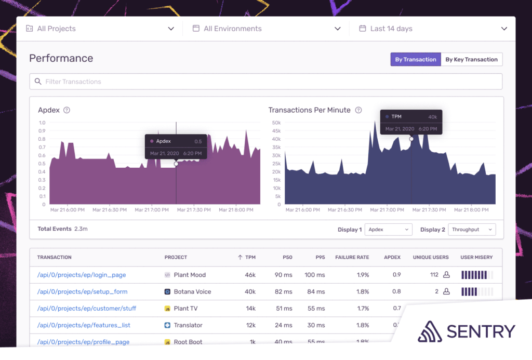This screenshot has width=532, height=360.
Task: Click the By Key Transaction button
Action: coord(471,60)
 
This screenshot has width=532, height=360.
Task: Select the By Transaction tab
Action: coord(416,60)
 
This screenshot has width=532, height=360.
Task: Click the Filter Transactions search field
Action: coord(265,82)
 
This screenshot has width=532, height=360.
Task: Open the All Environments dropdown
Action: coord(265,29)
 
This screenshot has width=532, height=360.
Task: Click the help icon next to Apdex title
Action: coord(66,110)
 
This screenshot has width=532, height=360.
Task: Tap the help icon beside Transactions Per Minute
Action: coord(358,110)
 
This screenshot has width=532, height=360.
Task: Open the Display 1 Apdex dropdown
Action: coord(388,230)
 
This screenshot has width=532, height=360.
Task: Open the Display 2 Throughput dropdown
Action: coord(471,230)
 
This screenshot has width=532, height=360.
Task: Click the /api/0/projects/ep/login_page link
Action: coord(82,275)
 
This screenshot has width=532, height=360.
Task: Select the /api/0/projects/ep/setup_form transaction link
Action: coord(82,291)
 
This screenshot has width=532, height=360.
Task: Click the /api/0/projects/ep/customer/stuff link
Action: coord(87,308)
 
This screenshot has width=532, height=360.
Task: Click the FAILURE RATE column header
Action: coord(352,257)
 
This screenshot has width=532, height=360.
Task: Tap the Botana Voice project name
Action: coord(192,291)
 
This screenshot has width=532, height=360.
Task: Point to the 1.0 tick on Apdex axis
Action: coord(42,123)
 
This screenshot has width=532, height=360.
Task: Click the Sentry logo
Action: coord(466,331)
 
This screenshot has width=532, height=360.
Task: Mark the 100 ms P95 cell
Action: coord(314,275)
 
